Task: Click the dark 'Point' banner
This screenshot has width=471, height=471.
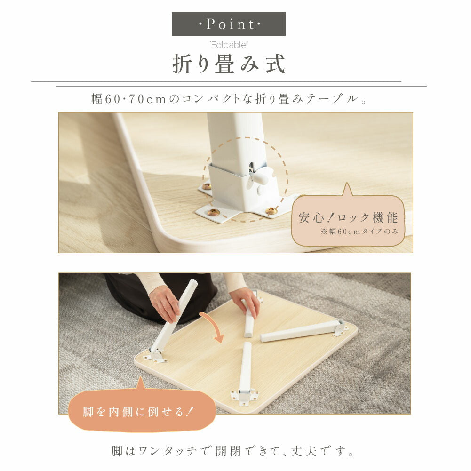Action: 229,24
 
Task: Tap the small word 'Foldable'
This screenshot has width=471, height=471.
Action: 229,45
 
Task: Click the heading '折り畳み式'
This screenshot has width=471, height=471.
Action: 229,64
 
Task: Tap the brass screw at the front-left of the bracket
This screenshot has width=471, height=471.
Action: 214,212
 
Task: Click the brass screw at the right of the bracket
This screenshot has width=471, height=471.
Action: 271,210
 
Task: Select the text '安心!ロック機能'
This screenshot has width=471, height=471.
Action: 348,217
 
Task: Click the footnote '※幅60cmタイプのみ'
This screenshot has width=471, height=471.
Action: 359,232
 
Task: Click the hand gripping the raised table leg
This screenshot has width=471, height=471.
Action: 164,303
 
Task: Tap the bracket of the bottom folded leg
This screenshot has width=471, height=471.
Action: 245,396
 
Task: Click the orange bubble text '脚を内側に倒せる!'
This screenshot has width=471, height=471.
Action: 138,412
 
